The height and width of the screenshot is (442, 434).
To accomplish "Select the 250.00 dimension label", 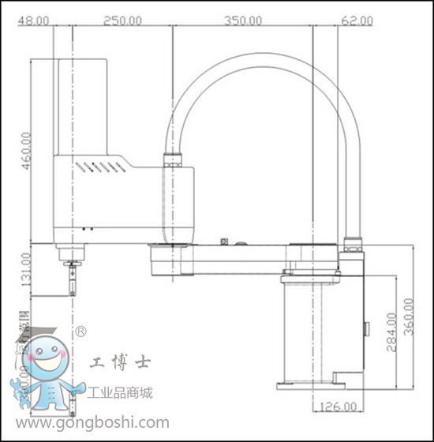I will (122, 20).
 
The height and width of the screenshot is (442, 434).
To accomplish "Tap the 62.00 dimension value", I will (357, 20).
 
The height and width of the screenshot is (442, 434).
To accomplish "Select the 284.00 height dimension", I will (391, 333).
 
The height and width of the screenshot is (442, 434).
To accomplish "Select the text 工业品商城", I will (122, 392).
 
